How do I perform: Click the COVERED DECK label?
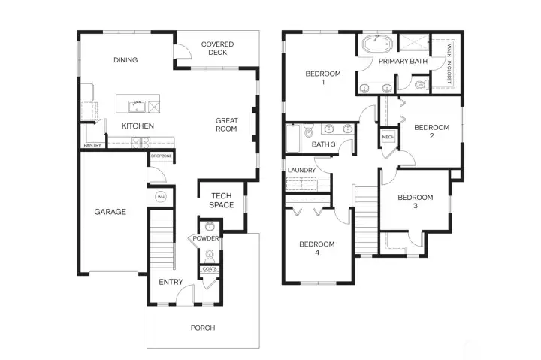coord(217,49)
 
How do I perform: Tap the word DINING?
coord(125,60)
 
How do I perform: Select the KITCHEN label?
coord(138,126)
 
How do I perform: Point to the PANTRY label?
coord(92,145)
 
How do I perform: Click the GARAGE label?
coord(110,212)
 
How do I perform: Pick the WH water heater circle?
coord(160,197)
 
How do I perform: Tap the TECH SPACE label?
coord(221,201)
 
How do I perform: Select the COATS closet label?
coord(210,269)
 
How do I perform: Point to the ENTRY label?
coord(171,282)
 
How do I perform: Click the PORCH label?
coord(203,328)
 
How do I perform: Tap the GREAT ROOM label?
coord(226,125)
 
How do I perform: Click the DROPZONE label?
coord(161,156)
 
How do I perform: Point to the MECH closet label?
coord(388,138)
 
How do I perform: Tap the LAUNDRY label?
coord(301,171)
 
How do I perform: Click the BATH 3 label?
coord(323,144)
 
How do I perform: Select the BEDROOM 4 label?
coord(316,249)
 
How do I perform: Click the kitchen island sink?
coord(137,104)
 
